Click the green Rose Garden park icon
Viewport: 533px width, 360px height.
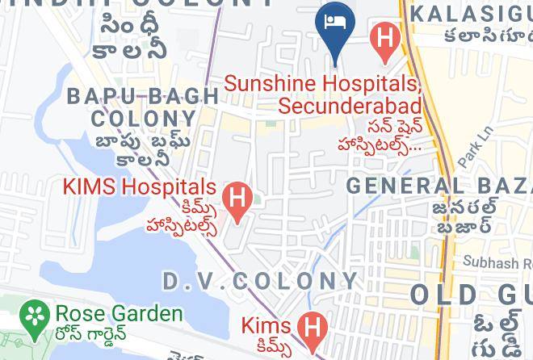(33, 314)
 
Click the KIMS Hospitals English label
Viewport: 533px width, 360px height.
(140, 188)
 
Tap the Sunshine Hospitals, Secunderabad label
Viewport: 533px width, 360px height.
(323, 94)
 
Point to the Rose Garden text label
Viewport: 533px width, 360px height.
(118, 313)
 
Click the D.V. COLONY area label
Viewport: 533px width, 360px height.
(259, 281)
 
